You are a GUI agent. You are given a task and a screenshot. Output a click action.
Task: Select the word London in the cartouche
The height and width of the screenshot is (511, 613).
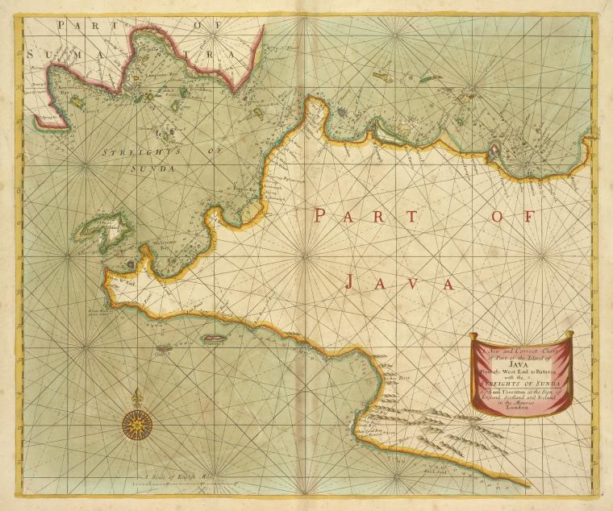[x=520, y=409]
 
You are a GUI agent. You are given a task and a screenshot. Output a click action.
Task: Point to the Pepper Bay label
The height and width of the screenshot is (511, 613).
[x=243, y=189]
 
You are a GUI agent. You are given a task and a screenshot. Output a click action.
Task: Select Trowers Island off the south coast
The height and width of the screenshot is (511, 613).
[x=213, y=339]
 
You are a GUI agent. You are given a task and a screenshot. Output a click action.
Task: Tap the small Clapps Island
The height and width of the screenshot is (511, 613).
[x=164, y=349]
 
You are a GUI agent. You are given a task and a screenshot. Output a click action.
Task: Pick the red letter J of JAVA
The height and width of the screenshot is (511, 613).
[x=350, y=281]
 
